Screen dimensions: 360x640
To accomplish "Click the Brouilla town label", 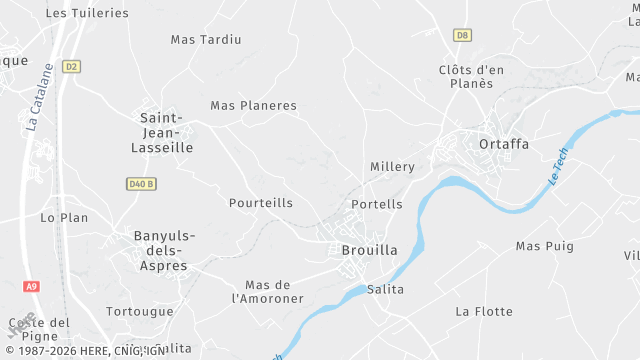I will [369, 250].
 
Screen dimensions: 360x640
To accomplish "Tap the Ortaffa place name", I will [504, 144].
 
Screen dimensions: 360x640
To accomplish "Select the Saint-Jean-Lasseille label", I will [162, 132].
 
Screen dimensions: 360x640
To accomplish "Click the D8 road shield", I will [461, 35].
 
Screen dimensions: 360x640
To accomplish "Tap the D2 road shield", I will [70, 67].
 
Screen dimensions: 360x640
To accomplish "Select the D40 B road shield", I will [142, 184].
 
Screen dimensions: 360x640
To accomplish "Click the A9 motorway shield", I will [32, 287].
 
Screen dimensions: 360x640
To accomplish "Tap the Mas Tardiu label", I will [206, 40].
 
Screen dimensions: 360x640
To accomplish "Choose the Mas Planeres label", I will [253, 105].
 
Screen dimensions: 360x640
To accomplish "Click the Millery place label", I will [392, 166].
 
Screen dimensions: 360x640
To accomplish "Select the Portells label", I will [378, 204].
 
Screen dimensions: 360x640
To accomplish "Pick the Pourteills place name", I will [261, 203].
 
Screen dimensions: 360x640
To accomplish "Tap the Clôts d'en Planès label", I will [471, 76].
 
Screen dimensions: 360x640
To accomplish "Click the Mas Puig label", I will [545, 246].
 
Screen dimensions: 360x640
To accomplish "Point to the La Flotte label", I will [484, 311].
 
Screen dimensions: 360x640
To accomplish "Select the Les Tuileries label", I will [88, 13].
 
